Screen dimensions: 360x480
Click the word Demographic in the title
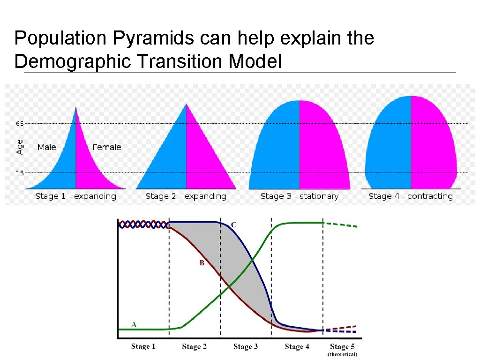(73, 61)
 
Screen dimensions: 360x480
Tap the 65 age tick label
(19, 124)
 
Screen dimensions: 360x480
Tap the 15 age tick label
(19, 173)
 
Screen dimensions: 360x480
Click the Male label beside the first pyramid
(46, 147)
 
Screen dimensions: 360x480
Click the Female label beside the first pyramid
(106, 147)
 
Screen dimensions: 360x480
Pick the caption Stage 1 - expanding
(75, 196)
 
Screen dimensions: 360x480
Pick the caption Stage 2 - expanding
(186, 196)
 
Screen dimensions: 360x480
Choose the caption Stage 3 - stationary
(299, 196)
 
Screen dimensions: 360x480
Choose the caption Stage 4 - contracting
(410, 196)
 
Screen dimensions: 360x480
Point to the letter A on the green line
(134, 324)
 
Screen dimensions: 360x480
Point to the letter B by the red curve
(202, 263)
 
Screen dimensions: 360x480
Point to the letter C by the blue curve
(233, 225)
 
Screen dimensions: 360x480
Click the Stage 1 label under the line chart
(143, 346)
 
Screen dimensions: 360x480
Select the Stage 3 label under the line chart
(246, 346)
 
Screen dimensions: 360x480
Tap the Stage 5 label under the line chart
(342, 346)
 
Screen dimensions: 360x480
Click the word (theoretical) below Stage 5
(342, 354)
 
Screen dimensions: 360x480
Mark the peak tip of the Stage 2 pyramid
(186, 104)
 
